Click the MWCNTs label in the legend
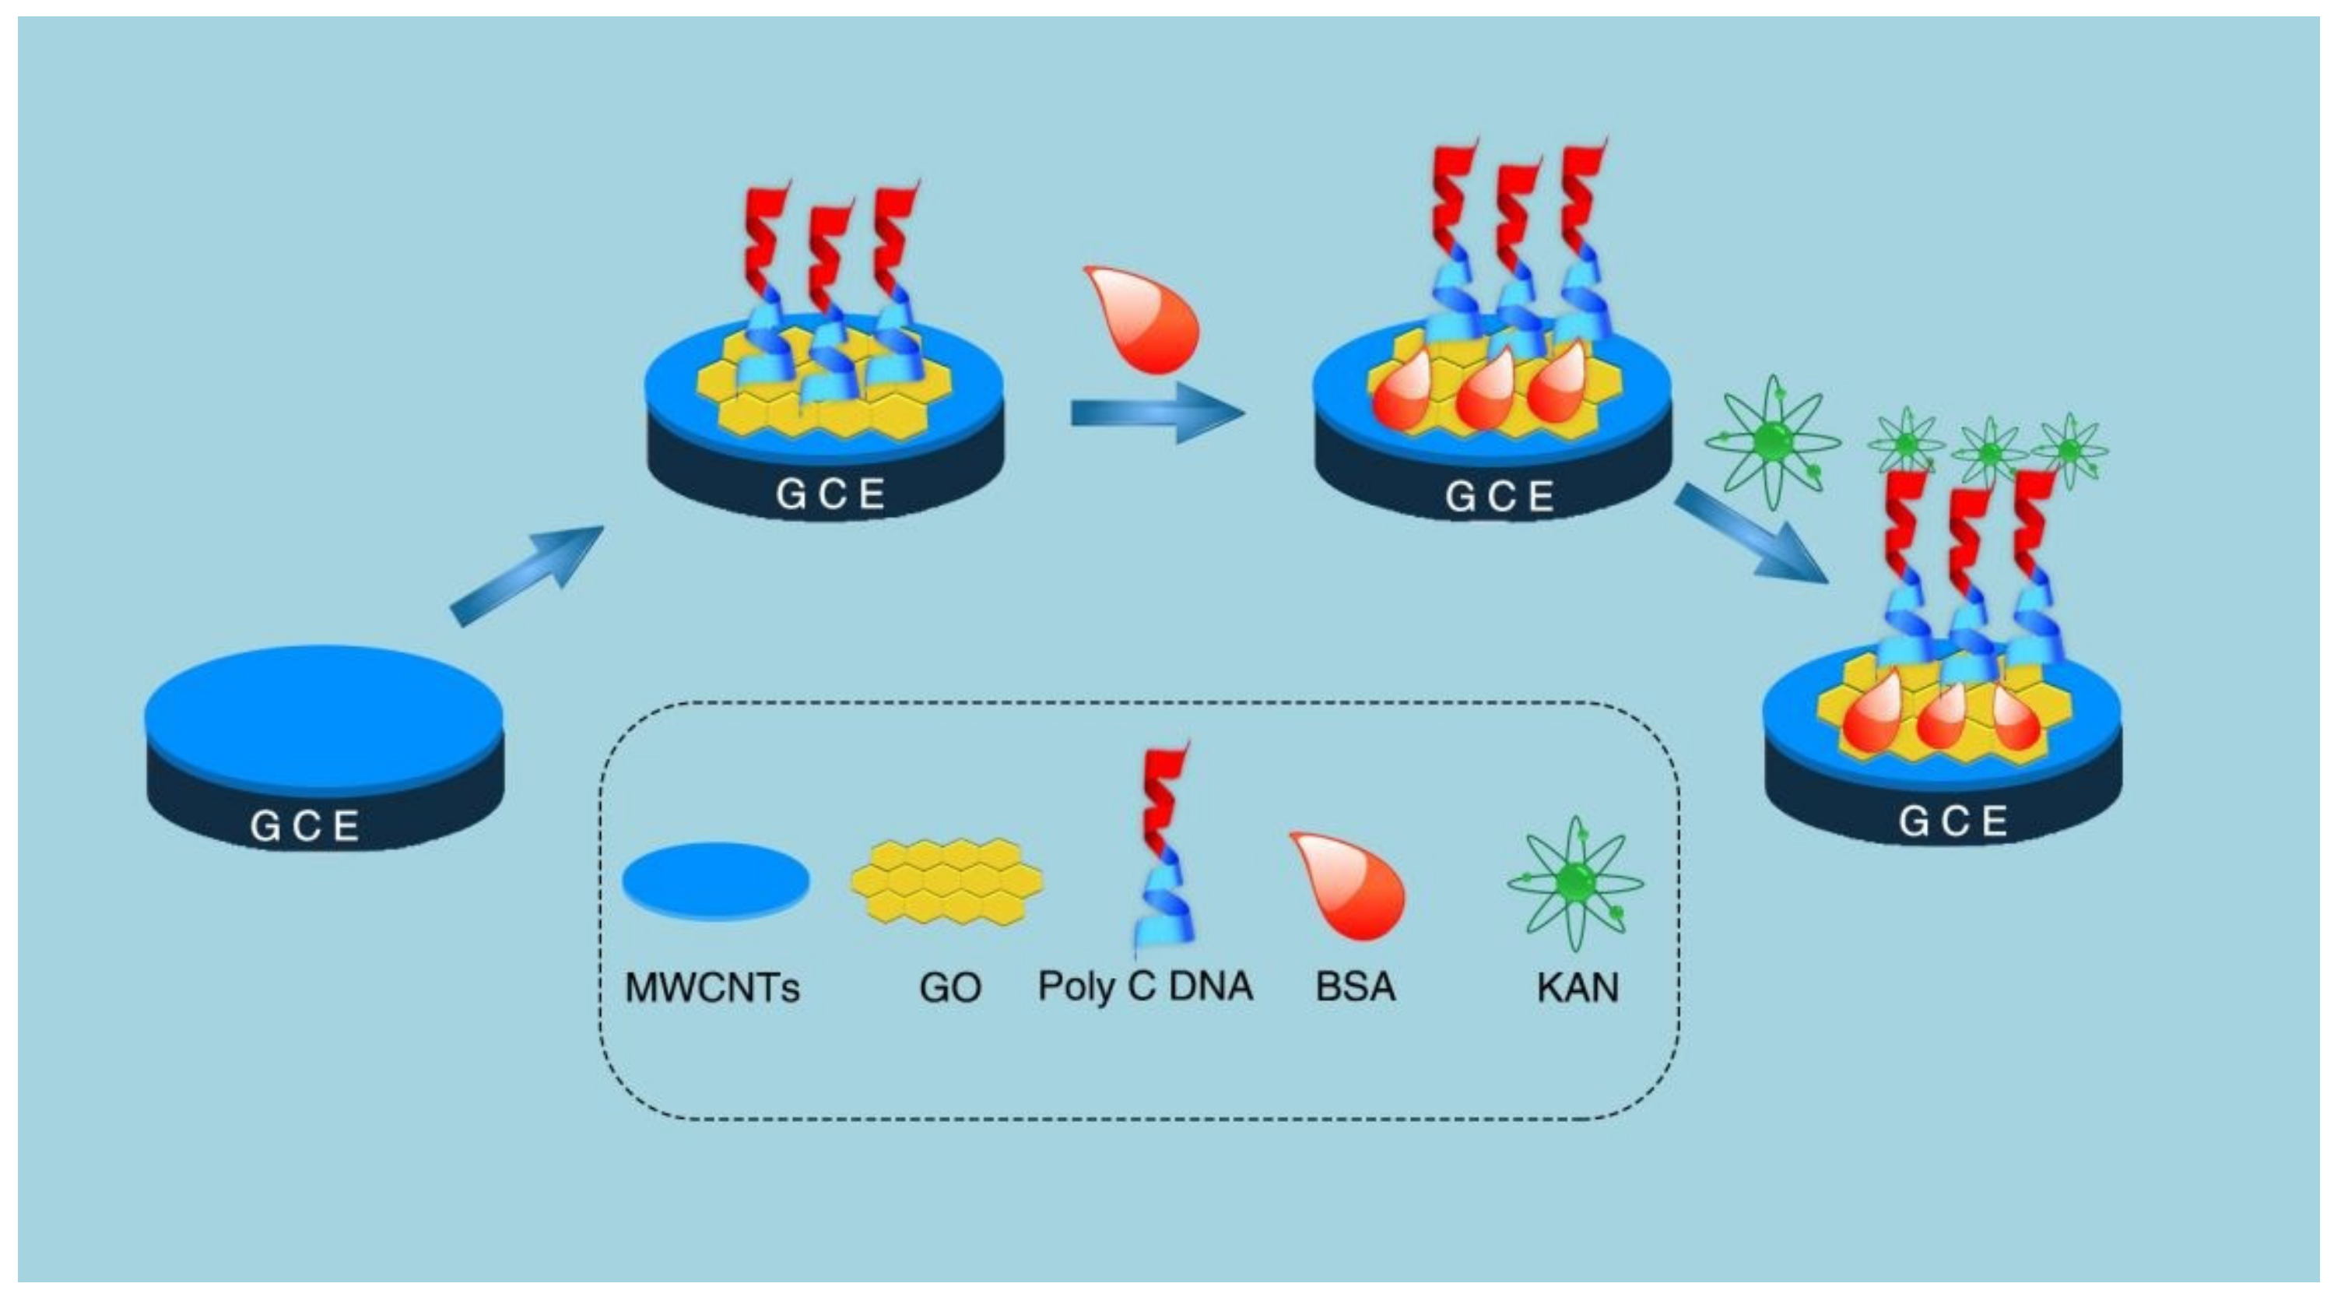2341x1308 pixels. pyautogui.click(x=711, y=987)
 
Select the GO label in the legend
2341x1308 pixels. pyautogui.click(x=949, y=987)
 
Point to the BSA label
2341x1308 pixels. pyautogui.click(x=1354, y=987)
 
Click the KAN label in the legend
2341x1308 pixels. pyautogui.click(x=1578, y=987)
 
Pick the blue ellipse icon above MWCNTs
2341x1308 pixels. pyautogui.click(x=715, y=881)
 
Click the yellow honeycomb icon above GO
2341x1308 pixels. pyautogui.click(x=947, y=881)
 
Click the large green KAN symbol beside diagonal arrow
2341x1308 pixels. pyautogui.click(x=1772, y=443)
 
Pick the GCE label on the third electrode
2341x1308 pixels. pyautogui.click(x=1500, y=496)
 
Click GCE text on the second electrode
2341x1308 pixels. pyautogui.click(x=830, y=494)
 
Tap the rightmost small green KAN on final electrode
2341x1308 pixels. pyautogui.click(x=2069, y=450)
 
